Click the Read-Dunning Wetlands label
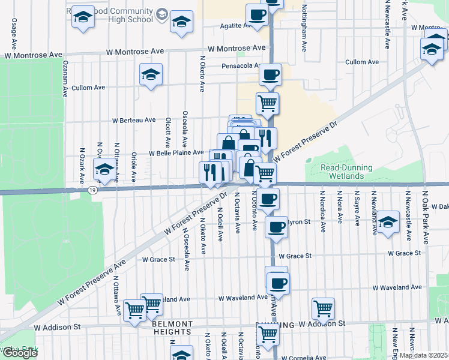[346, 172]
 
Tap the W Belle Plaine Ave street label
[176, 153]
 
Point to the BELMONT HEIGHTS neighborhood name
[172, 327]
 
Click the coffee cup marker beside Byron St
[276, 227]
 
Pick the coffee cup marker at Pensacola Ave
[270, 75]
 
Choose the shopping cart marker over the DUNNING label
[267, 334]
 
